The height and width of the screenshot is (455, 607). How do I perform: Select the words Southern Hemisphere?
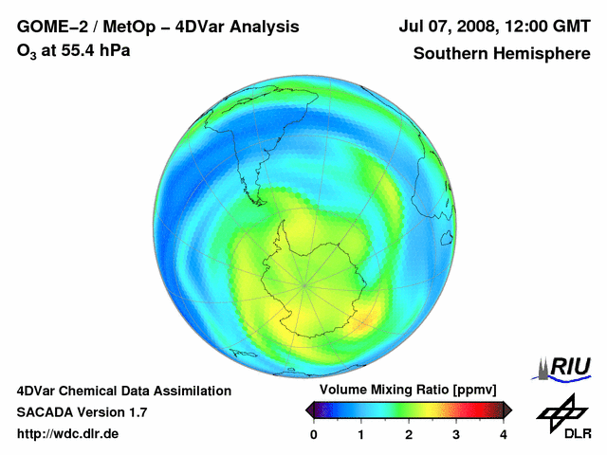501,53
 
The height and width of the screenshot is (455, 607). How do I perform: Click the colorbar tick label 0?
314,434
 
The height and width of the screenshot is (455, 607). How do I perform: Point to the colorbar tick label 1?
361,434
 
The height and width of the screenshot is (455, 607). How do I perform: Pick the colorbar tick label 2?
409,434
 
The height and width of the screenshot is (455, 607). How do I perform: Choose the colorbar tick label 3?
456,434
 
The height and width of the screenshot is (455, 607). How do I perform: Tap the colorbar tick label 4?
504,434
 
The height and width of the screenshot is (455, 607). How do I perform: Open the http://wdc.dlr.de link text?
68,434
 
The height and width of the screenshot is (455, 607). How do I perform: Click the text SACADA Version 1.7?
82,412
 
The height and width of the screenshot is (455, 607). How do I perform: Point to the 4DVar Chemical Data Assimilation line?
123,391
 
